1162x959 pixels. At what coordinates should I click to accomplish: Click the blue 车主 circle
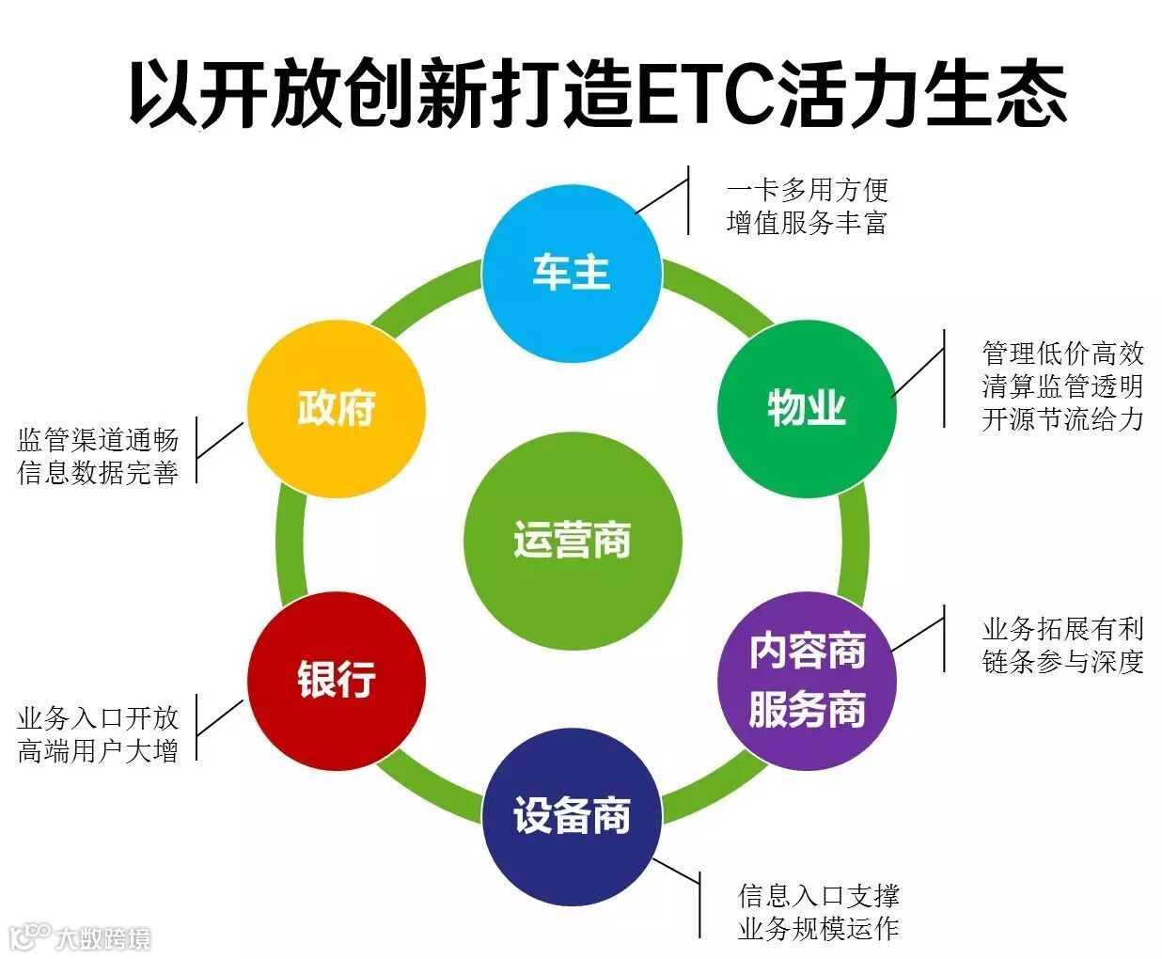coord(572,273)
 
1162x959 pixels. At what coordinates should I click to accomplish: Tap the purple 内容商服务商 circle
coord(807,681)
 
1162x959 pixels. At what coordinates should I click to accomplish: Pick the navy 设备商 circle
coord(572,816)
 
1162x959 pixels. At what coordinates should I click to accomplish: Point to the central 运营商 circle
coord(572,542)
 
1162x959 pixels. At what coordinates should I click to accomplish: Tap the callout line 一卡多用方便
coord(808,190)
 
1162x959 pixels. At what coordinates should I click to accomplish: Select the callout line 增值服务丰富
coord(808,223)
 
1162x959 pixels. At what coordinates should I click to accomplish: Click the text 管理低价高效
coord(1062,354)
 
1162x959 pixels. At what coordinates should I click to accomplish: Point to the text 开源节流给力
coord(1062,419)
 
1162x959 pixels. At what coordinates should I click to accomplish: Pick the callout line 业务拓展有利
coord(1062,629)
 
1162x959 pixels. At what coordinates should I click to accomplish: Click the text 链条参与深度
coord(1062,662)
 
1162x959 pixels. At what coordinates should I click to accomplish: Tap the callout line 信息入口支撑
coord(819,896)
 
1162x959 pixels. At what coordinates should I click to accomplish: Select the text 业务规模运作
coord(819,929)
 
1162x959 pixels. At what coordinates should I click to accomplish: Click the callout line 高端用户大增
coord(98,751)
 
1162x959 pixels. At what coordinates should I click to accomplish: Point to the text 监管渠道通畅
coord(98,440)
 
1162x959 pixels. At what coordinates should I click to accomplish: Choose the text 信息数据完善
coord(98,472)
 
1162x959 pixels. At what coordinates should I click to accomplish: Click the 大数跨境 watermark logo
coord(80,936)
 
